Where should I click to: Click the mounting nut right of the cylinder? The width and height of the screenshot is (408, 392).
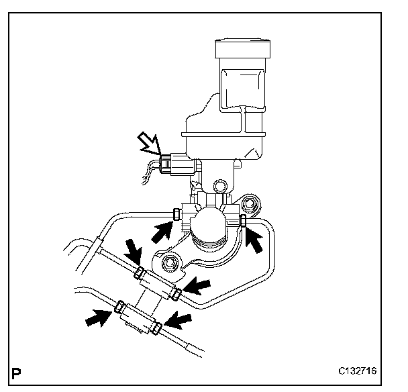pos(251,203)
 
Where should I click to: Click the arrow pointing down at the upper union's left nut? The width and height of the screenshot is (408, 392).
pos(134,254)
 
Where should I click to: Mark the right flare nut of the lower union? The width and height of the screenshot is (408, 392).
pos(157,328)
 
